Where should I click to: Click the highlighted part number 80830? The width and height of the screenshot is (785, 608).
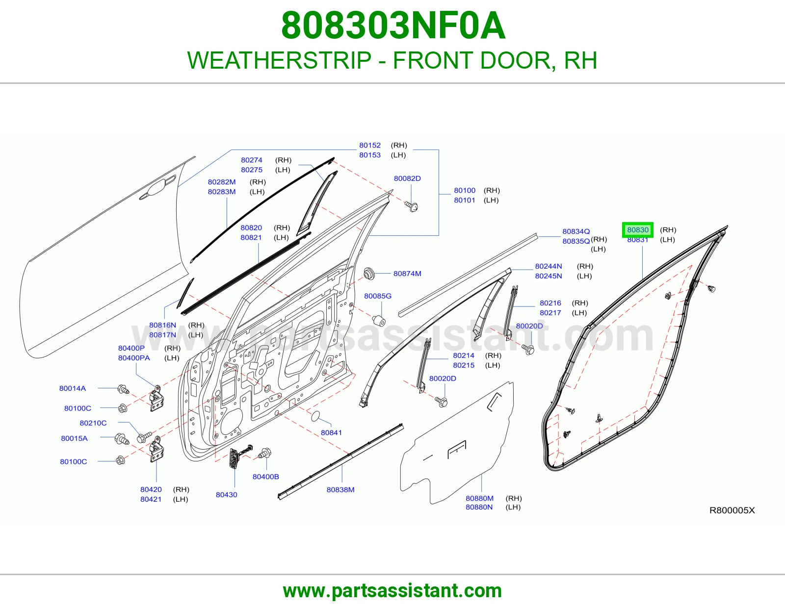pos(638,230)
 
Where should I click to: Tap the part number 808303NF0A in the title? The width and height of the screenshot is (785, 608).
pos(393,25)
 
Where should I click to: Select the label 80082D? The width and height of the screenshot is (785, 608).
pos(407,178)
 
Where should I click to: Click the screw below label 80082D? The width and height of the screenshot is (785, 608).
pos(412,206)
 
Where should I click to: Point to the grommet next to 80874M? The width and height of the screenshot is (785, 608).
pos(369,274)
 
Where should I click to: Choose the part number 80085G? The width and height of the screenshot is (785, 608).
pos(377,296)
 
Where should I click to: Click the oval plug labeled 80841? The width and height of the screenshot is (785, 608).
pos(315,416)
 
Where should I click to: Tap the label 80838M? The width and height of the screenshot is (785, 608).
pos(340,490)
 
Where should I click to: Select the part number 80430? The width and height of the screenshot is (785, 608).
pos(227,495)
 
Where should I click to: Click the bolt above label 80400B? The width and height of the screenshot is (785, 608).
pos(265,453)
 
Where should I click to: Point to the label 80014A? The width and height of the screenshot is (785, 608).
pos(73,388)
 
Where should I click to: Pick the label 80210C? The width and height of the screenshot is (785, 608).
pos(93,423)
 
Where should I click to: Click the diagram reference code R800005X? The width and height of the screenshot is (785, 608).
pos(732,510)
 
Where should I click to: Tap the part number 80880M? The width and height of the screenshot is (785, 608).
pos(479,498)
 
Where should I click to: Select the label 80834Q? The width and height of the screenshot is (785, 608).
pos(576,231)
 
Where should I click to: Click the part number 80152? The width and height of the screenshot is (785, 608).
pos(370,145)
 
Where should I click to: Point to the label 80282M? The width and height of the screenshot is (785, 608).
pos(221,182)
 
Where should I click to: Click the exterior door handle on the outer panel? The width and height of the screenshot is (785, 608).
pos(158,187)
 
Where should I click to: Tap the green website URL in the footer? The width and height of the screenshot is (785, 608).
pos(392,591)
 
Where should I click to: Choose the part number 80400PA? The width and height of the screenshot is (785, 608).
pos(134,358)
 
